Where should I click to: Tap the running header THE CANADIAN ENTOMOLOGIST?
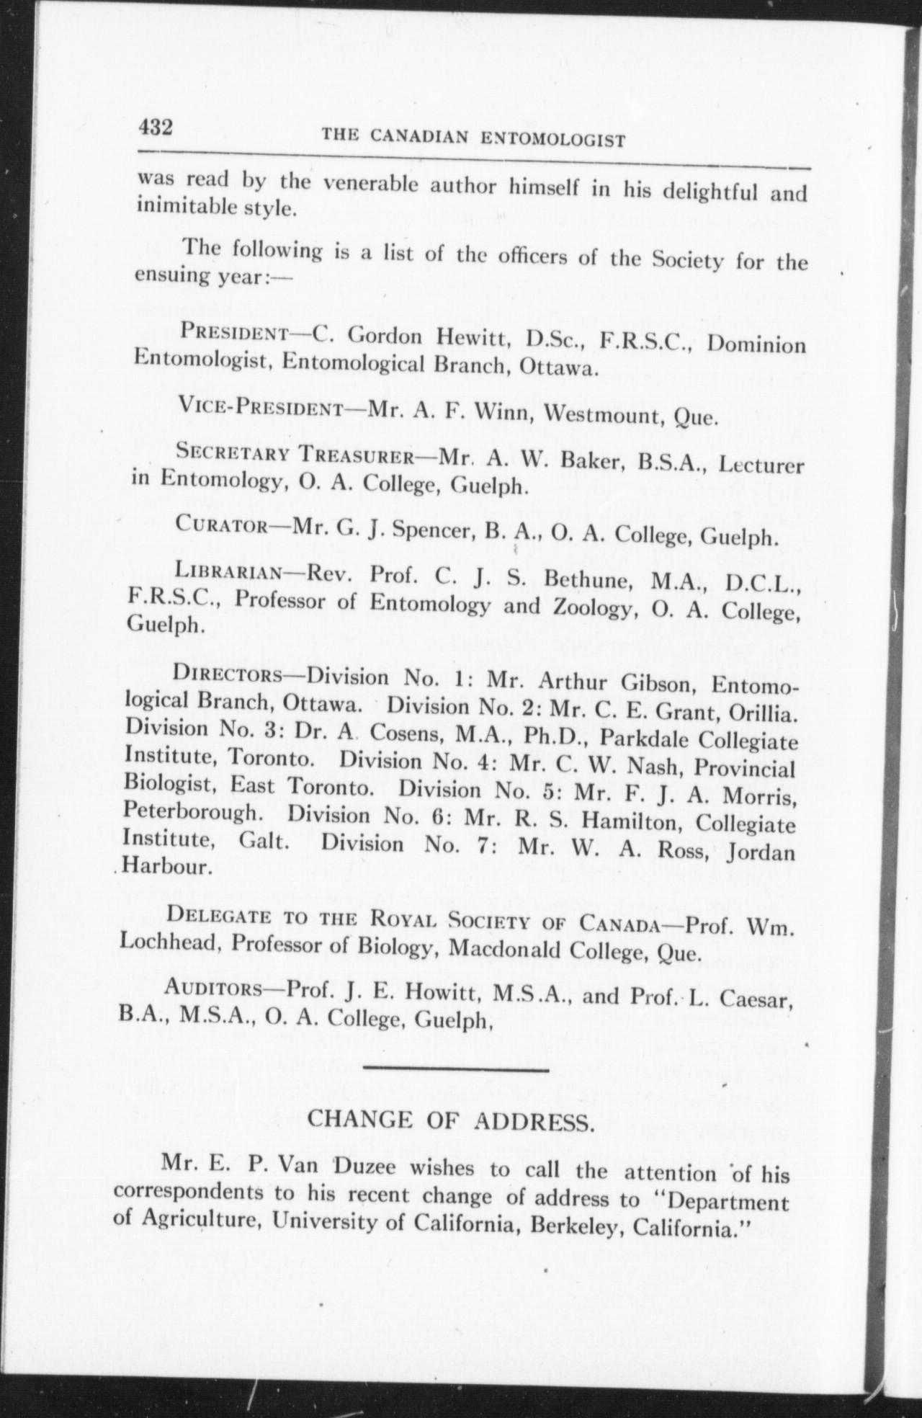point(473,137)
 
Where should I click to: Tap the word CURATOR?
point(220,524)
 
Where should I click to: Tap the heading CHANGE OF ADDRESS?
point(451,1121)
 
